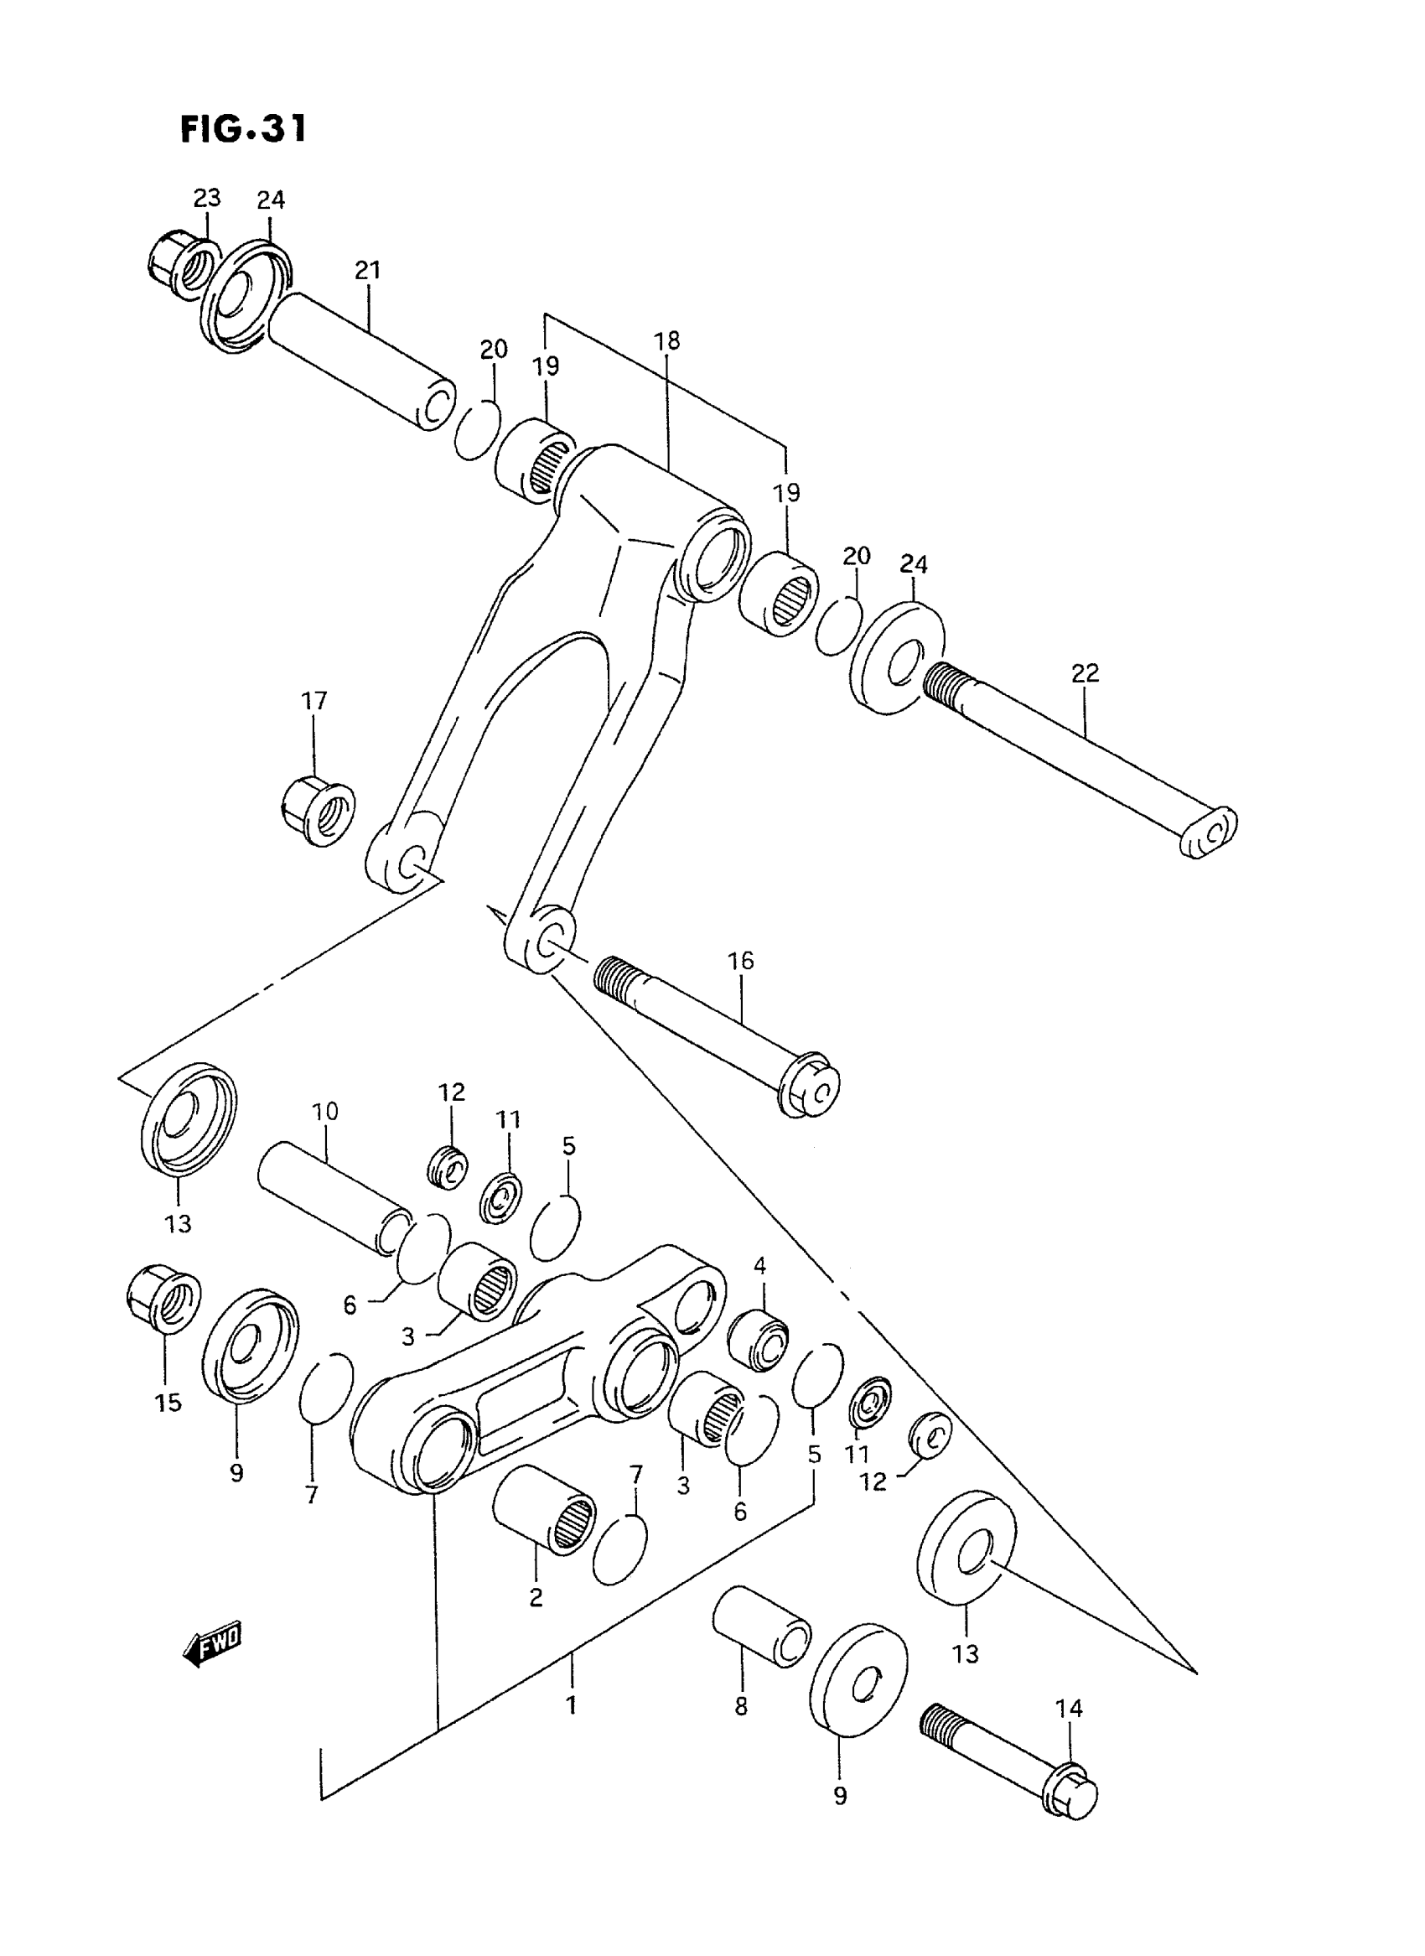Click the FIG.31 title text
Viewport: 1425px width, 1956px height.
(243, 129)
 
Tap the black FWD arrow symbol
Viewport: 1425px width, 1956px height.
(213, 1648)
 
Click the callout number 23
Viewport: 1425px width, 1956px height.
(206, 199)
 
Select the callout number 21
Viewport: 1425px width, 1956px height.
(367, 270)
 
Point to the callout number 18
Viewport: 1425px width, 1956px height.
(666, 340)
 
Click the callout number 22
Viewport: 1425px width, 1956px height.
(1086, 673)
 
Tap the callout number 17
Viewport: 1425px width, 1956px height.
(314, 701)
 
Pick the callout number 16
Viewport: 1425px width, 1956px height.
(740, 960)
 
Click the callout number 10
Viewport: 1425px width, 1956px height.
(325, 1110)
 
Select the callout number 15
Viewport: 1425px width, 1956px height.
(168, 1403)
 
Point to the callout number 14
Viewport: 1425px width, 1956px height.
(1069, 1708)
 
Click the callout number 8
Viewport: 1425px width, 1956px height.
(741, 1706)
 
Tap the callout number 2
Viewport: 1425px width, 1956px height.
(536, 1597)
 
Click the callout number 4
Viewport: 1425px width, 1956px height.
(759, 1266)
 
